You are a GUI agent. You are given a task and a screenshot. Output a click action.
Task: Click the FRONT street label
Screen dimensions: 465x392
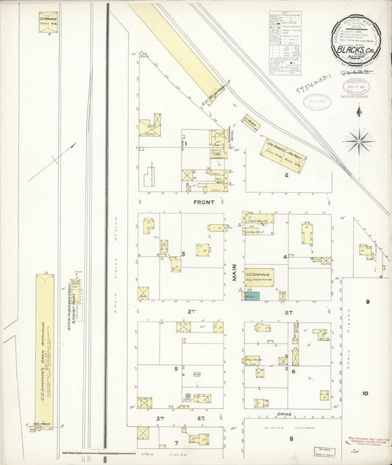tap(204, 201)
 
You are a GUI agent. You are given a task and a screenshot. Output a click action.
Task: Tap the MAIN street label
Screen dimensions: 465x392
tap(235, 274)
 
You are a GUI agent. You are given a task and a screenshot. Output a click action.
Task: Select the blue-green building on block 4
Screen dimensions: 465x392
tap(252, 296)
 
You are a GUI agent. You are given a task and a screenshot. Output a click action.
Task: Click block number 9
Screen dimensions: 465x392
tap(366, 302)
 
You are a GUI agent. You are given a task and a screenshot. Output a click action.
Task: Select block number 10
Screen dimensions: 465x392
tap(365, 394)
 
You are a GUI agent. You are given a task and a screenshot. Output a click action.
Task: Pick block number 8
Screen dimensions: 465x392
tap(291, 439)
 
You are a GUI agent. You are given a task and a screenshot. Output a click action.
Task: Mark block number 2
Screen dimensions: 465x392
tap(287, 175)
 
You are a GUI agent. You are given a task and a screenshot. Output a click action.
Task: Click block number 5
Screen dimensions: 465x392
tap(176, 368)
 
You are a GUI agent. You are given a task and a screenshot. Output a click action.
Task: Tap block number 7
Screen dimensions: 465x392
tap(176, 443)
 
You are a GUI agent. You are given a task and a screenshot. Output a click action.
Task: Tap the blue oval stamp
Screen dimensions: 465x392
tap(320, 102)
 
